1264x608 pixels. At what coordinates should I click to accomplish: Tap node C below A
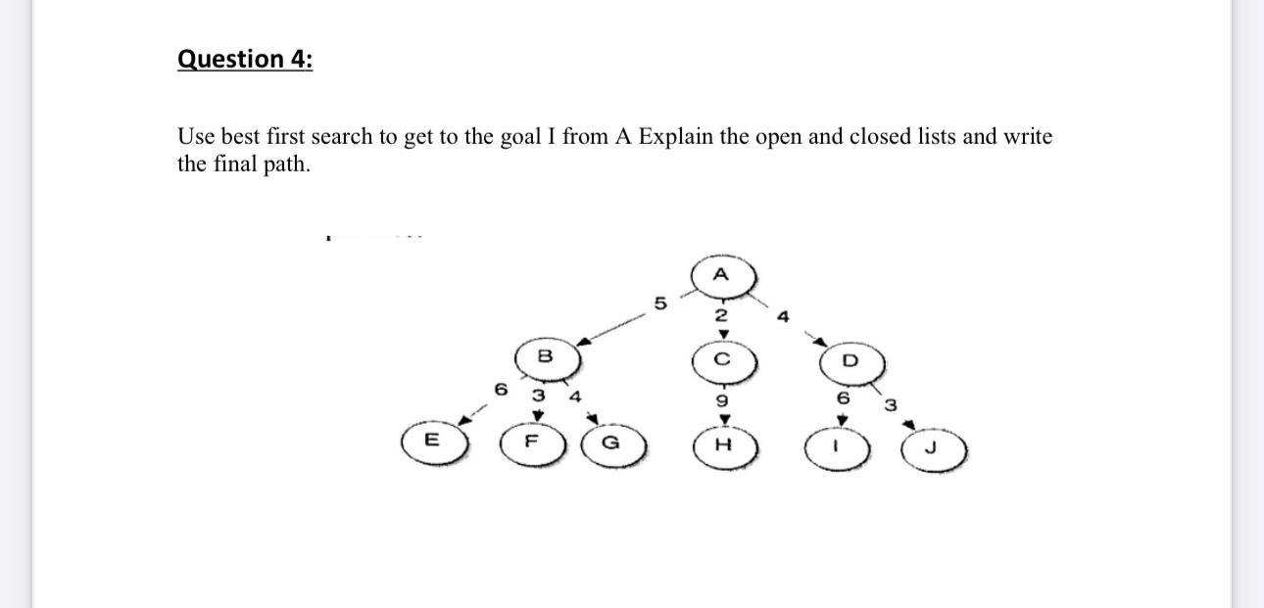(x=722, y=358)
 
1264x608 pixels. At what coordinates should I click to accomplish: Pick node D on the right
(x=849, y=360)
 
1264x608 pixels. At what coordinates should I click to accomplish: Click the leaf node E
(x=430, y=442)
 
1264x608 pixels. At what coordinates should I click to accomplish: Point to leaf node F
(x=532, y=442)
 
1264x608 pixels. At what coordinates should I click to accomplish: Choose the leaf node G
(x=614, y=443)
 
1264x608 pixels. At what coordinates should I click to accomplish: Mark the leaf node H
(x=723, y=445)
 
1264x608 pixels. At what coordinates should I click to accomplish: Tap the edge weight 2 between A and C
(x=721, y=315)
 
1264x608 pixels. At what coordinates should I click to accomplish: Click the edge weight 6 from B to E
(x=502, y=389)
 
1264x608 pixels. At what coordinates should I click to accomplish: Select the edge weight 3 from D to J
(x=890, y=405)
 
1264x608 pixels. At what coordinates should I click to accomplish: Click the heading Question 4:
(x=245, y=59)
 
